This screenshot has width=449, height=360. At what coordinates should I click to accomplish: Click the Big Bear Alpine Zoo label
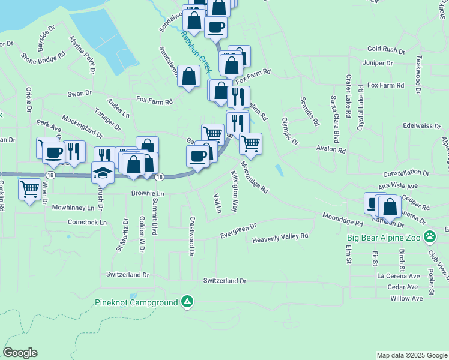pos(385,237)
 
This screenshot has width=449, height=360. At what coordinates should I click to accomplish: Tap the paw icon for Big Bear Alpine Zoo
pos(429,236)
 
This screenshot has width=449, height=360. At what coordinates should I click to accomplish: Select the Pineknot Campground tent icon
pos(188,301)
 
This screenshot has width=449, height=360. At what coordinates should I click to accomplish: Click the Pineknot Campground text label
pos(137,302)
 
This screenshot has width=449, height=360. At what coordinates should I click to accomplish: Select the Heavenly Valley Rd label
pos(280,238)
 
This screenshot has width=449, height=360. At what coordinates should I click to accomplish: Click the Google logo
pos(20,353)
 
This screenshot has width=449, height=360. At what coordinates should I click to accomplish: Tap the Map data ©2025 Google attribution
pos(412,355)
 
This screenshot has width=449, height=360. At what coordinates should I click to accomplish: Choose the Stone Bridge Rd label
pos(43,58)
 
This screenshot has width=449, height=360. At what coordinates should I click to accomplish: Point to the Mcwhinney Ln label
pos(74,208)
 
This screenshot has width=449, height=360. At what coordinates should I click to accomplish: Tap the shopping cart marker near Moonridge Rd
pos(250,143)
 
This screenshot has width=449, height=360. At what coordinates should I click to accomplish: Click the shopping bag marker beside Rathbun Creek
pos(189,77)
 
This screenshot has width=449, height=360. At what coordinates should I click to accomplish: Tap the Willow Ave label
pos(406,298)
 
